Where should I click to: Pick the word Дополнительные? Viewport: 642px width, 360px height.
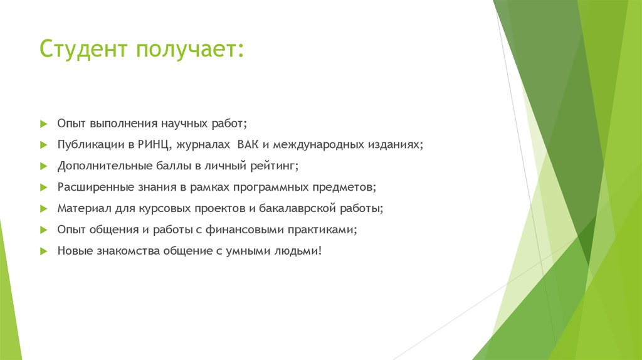point(99,166)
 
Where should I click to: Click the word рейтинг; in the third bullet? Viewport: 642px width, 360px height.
point(271,166)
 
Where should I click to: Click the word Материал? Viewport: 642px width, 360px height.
point(81,208)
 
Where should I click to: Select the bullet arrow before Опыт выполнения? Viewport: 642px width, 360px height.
point(43,124)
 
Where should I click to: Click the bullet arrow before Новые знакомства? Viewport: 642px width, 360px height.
point(43,251)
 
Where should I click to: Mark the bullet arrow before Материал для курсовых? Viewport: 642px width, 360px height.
point(43,208)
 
